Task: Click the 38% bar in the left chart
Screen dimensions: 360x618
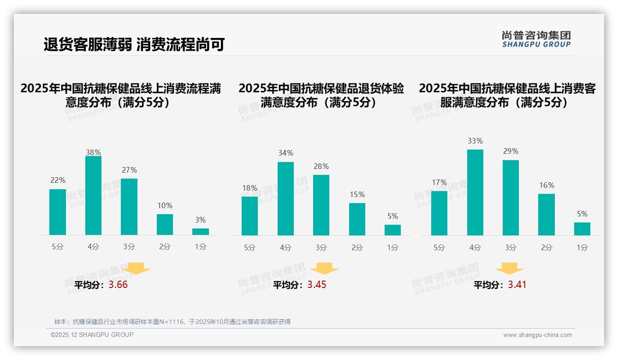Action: tap(93, 196)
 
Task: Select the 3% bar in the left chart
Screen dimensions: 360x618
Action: tap(201, 232)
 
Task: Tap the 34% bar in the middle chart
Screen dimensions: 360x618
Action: tap(285, 198)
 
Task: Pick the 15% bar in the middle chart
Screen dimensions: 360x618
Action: tap(357, 219)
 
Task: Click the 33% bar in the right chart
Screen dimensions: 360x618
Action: tap(475, 192)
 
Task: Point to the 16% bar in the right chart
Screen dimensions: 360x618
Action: tap(547, 215)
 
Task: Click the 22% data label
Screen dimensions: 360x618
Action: tap(58, 180)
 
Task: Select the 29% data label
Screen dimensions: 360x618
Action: tap(511, 151)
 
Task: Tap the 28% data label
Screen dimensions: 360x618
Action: tap(321, 166)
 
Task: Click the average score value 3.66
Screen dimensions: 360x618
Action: tap(118, 285)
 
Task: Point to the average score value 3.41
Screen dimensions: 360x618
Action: tap(517, 285)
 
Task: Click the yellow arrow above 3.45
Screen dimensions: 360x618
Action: tap(324, 269)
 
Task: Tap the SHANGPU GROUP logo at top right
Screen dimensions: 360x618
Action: tap(536, 39)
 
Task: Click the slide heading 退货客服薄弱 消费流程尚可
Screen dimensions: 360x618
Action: tap(134, 45)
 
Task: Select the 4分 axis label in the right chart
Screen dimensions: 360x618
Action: tap(475, 248)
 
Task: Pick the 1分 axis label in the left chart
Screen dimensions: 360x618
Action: tap(201, 247)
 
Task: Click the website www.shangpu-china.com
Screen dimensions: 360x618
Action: tap(537, 335)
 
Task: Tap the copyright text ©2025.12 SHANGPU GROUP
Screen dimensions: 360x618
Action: tap(92, 335)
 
